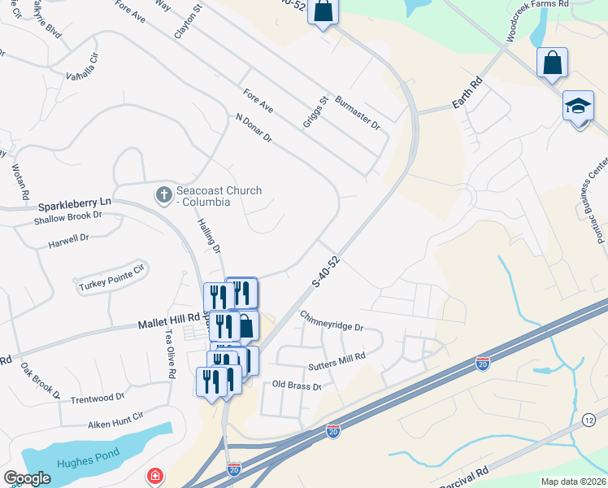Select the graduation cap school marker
click(x=579, y=107)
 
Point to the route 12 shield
click(x=589, y=419)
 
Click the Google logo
click(x=28, y=478)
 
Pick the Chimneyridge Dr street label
click(x=331, y=320)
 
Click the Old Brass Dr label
click(x=297, y=386)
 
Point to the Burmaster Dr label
click(x=358, y=114)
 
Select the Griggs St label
click(x=323, y=111)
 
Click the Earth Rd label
click(x=467, y=94)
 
